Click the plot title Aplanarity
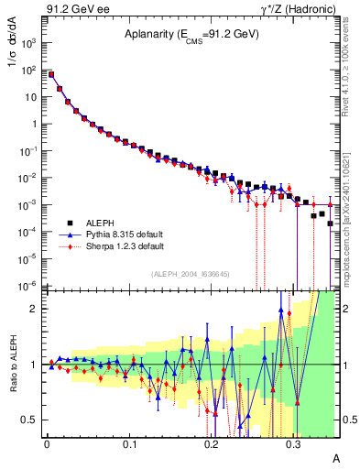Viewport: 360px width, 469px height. tap(191, 35)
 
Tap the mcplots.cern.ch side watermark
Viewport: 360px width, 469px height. tap(345, 229)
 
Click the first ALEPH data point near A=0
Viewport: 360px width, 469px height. tap(51, 74)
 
